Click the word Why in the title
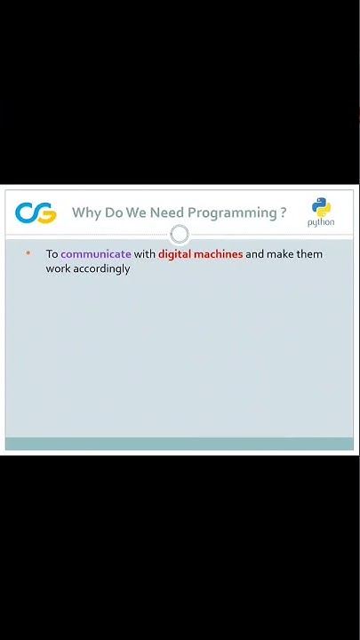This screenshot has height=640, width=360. coord(86,212)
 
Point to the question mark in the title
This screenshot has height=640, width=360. coord(284,212)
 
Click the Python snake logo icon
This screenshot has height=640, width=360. coord(321,207)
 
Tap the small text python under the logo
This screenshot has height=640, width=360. coord(321,223)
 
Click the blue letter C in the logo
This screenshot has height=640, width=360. coord(26,213)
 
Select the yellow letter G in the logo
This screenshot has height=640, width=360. coord(45,213)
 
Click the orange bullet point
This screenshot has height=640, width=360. coord(28,253)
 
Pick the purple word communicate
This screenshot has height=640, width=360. coord(96,254)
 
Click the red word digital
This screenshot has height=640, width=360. coord(175,254)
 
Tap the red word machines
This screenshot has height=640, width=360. coord(219,254)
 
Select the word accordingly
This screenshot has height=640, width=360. coord(101,268)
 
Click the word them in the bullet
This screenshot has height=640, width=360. coord(309,254)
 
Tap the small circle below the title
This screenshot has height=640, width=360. coord(180,235)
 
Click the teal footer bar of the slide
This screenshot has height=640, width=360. coord(180,444)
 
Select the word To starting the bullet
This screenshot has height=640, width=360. coord(52,254)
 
